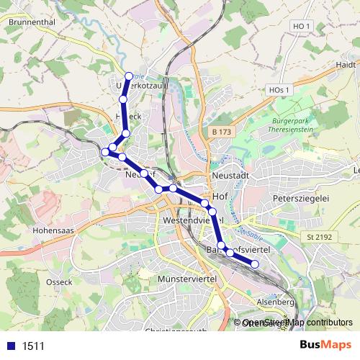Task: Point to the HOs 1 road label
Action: [x=278, y=89]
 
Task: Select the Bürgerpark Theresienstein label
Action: [x=294, y=125]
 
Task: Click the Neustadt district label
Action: [x=231, y=176]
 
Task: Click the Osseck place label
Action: [x=60, y=282]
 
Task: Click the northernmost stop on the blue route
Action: [x=129, y=76]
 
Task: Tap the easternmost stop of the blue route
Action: [x=254, y=264]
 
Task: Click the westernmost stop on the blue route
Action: [x=105, y=151]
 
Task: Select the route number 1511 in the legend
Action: [x=33, y=346]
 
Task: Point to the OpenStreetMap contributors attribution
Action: [x=297, y=323]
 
